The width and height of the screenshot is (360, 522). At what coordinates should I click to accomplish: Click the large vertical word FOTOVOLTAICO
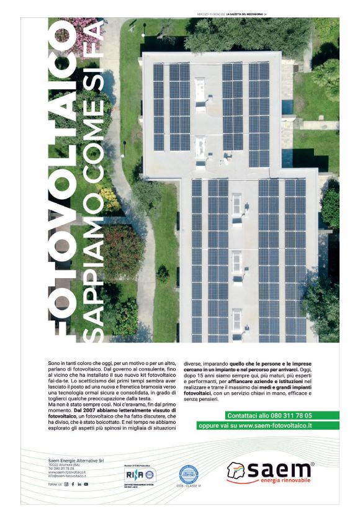tap(62, 180)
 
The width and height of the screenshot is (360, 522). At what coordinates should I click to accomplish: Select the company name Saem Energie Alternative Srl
tap(73, 460)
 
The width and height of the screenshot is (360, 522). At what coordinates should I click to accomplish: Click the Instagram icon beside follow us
tap(66, 484)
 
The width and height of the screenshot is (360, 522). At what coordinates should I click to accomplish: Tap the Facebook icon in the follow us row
tap(73, 484)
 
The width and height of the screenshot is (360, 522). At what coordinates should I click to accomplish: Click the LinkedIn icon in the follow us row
tap(79, 484)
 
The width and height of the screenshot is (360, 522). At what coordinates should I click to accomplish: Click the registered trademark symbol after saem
tap(312, 464)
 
